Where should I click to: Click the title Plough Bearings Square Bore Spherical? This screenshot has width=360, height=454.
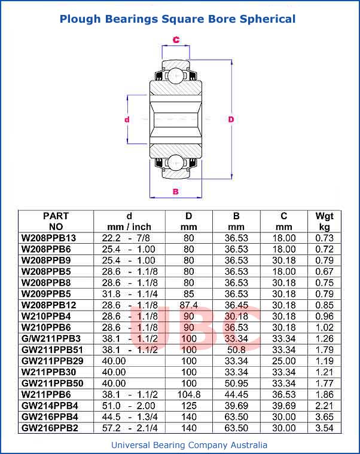[x=178, y=19]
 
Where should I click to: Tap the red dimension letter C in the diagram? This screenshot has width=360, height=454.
[x=176, y=40]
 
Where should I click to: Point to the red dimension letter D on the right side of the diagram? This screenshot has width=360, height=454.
[x=231, y=119]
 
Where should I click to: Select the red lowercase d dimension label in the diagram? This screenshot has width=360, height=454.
[x=127, y=119]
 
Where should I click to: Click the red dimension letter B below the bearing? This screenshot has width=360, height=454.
[x=175, y=191]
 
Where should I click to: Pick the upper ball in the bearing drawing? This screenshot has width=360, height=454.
[x=175, y=76]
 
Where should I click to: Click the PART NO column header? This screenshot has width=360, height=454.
[x=56, y=221]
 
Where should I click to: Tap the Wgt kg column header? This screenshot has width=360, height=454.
[x=324, y=221]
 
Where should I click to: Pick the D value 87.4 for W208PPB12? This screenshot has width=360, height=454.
[x=189, y=305]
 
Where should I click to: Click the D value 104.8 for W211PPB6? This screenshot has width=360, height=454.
[x=189, y=395]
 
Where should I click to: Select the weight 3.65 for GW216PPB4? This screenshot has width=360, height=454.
[x=324, y=417]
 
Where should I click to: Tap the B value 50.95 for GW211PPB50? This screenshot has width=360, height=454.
[x=236, y=384]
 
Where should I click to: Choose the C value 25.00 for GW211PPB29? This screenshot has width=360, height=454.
[x=284, y=361]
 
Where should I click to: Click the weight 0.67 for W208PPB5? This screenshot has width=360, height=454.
[x=324, y=271]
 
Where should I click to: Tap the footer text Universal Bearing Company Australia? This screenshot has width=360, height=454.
[x=189, y=445]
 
